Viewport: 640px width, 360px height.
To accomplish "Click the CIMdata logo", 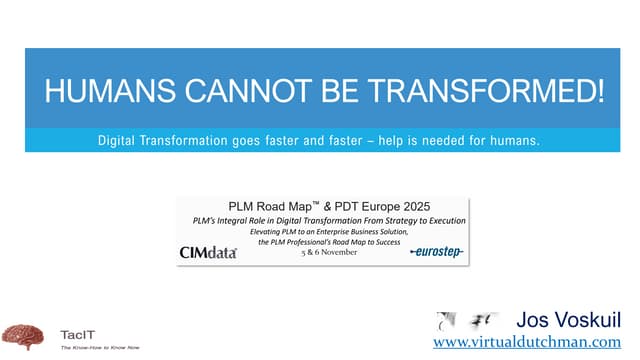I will coord(208,252).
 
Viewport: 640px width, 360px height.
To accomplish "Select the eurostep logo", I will coord(437,252).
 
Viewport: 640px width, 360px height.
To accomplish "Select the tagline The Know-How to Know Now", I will coord(100,349).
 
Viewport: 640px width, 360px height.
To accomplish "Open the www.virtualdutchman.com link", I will coord(536,342).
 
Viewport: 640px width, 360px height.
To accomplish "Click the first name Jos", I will coord(532,321).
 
